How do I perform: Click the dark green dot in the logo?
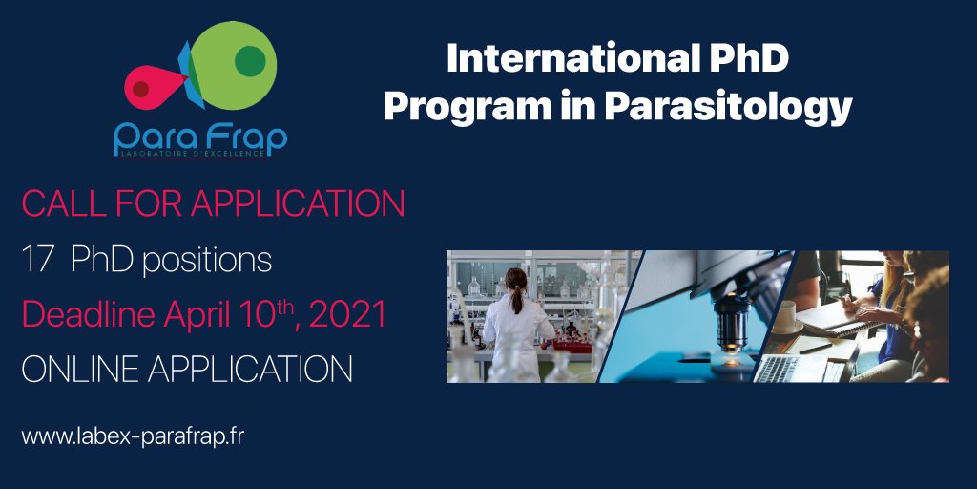click(249, 61)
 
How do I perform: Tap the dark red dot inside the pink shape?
click(141, 89)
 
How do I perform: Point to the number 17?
click(36, 260)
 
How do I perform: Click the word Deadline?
click(80, 314)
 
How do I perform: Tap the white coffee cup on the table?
click(784, 315)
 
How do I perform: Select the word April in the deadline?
click(192, 314)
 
